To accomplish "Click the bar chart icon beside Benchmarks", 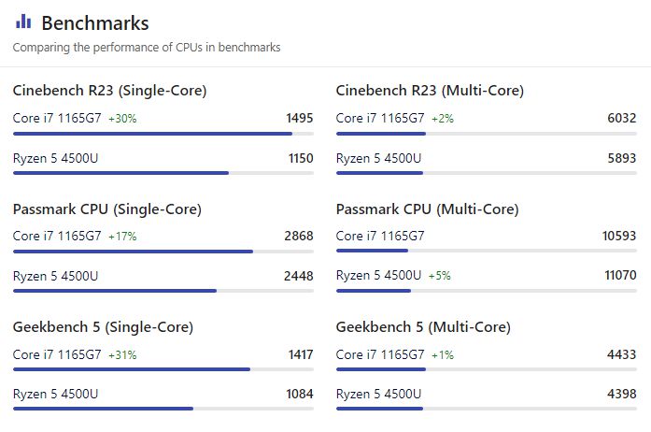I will (23, 22).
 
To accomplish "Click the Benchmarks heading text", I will (95, 23).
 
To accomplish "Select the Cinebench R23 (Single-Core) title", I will (109, 91).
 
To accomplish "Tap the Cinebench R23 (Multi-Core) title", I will (430, 91).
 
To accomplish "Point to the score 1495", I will (299, 119).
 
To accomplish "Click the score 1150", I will (300, 158).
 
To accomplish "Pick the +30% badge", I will (122, 119).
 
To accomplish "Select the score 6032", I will (621, 119).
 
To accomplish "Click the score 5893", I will (621, 158).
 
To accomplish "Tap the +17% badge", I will (122, 237).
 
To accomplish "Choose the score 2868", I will (299, 237).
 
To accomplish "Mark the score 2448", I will (299, 276).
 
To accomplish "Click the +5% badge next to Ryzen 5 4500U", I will (439, 276).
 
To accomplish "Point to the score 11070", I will (619, 276).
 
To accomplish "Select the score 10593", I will (619, 237).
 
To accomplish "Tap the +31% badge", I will (122, 355).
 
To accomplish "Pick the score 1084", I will (300, 394).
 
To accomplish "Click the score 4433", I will (621, 355).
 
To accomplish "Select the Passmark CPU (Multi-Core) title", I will (427, 209).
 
